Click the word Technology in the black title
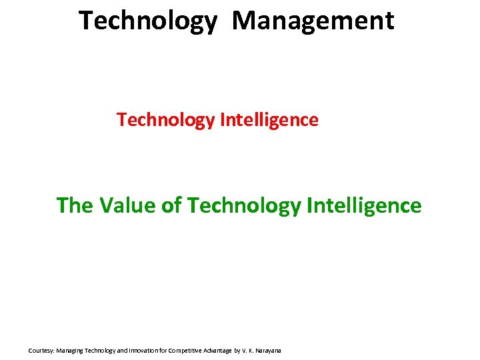tap(148, 21)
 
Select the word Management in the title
tap(313, 20)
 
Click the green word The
tap(75, 205)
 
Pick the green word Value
tap(128, 205)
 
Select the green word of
tap(172, 205)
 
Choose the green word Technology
tap(245, 206)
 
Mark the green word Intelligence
tap(365, 206)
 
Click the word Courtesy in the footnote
tap(41, 350)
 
